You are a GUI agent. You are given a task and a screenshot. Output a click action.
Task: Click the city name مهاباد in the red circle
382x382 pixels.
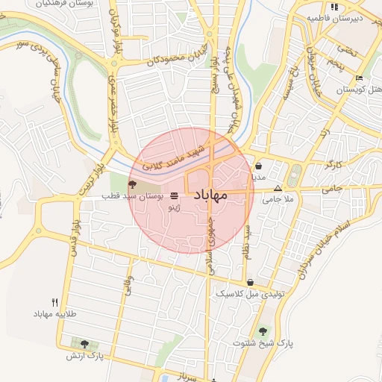point(210,195)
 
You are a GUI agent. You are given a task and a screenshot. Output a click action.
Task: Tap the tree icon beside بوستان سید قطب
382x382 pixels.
point(131,184)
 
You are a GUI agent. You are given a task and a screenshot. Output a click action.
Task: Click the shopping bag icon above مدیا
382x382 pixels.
point(258,166)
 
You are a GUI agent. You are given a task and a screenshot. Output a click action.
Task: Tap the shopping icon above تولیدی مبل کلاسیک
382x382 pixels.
point(250,283)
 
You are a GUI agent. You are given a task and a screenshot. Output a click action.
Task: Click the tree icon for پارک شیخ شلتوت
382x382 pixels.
point(263,331)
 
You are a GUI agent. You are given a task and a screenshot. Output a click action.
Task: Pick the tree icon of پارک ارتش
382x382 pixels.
point(84,344)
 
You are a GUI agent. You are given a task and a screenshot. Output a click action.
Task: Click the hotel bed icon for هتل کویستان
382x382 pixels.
point(359,78)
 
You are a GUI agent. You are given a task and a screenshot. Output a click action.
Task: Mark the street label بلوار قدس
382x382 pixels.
point(75,237)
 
